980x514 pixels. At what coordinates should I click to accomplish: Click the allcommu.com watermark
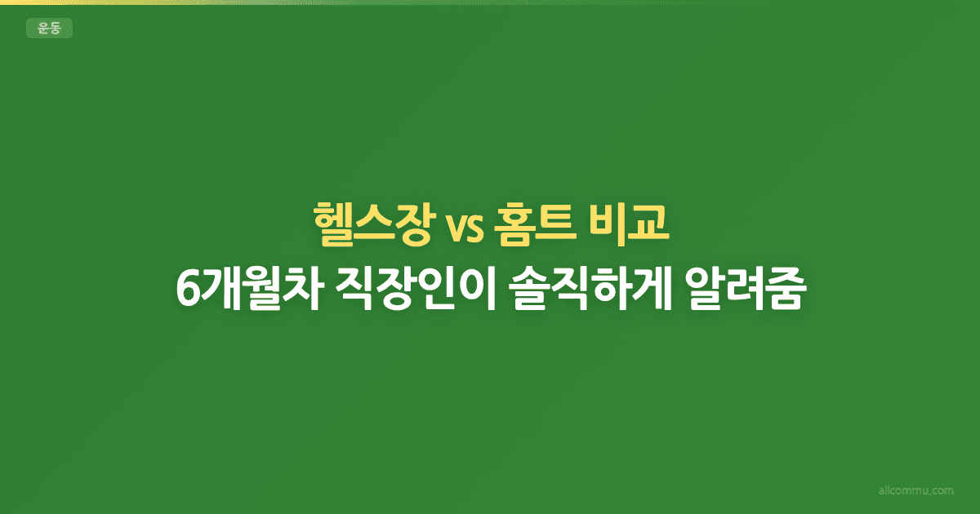[x=914, y=491]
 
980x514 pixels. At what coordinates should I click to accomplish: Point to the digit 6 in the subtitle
[x=187, y=289]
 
